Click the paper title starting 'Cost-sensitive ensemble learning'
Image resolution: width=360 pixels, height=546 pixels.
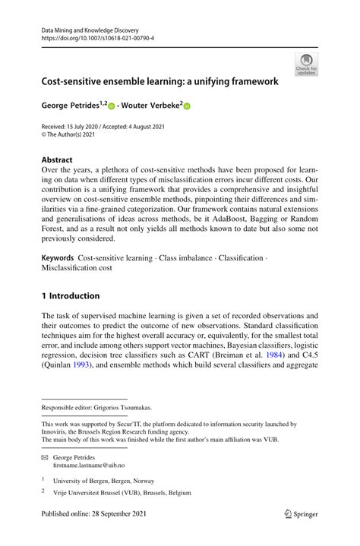point(159,80)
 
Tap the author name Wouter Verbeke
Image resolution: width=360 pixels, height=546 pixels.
point(150,106)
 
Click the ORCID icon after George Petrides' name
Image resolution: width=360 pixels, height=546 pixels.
point(111,107)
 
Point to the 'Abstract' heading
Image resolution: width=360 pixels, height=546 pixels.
point(57,160)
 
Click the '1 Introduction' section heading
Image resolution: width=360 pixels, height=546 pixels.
point(71,295)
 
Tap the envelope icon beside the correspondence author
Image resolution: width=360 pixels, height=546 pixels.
point(45,459)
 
